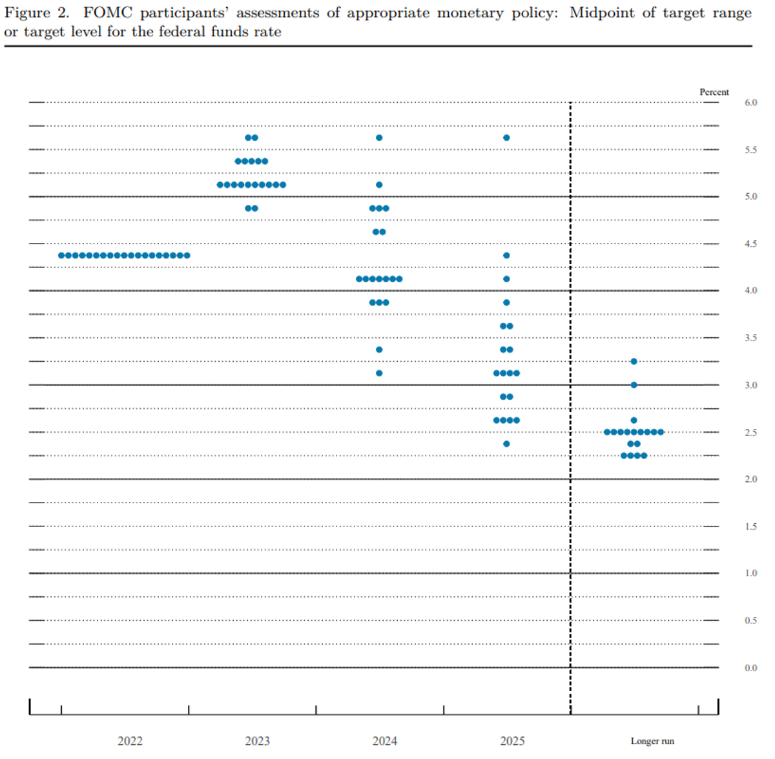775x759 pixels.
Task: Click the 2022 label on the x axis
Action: tap(130, 740)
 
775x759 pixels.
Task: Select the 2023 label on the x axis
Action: tap(258, 740)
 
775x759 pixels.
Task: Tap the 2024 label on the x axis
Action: tap(385, 740)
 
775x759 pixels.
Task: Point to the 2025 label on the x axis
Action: tap(512, 740)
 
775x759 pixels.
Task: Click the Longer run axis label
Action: tap(652, 740)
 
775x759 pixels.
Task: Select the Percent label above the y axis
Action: tap(714, 92)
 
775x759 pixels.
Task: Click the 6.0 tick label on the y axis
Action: tap(750, 103)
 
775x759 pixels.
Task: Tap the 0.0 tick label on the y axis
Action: tap(750, 668)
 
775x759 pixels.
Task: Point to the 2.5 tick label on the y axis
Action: tap(750, 433)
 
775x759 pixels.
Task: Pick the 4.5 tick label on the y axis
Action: tap(750, 244)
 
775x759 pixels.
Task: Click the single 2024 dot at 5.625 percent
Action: tap(379, 138)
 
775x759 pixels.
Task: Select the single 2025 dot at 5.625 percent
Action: tap(506, 138)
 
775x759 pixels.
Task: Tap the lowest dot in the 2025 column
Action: tap(506, 444)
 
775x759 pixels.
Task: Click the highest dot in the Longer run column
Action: tap(634, 361)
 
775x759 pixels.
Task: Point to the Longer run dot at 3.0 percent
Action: tap(634, 385)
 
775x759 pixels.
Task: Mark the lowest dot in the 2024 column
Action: tap(379, 373)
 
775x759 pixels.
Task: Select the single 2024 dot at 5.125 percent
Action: tap(379, 185)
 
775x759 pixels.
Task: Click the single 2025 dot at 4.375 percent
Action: tap(506, 256)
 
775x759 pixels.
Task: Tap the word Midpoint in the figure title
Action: tap(602, 14)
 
